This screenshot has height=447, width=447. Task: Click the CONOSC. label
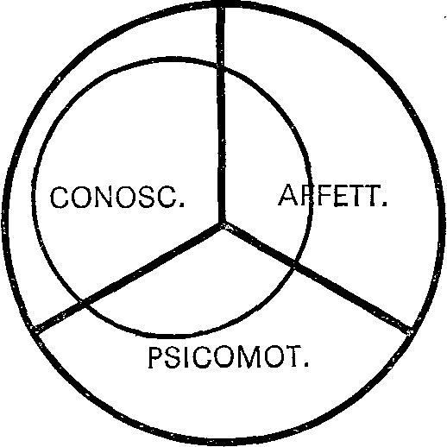click(117, 197)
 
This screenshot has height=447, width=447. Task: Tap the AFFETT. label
click(332, 195)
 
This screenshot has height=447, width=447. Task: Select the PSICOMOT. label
click(228, 357)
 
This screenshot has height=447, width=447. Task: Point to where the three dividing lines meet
click(221, 225)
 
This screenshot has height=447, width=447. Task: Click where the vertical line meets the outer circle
click(221, 6)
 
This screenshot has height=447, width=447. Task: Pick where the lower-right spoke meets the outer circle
click(411, 331)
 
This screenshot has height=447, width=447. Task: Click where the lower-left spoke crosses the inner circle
click(83, 303)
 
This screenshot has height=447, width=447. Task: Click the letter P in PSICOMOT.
click(155, 357)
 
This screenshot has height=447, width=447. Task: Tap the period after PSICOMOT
click(306, 365)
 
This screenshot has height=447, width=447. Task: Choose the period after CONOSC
click(181, 205)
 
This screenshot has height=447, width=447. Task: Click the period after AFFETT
click(385, 204)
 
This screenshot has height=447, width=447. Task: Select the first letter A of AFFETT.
click(288, 195)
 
